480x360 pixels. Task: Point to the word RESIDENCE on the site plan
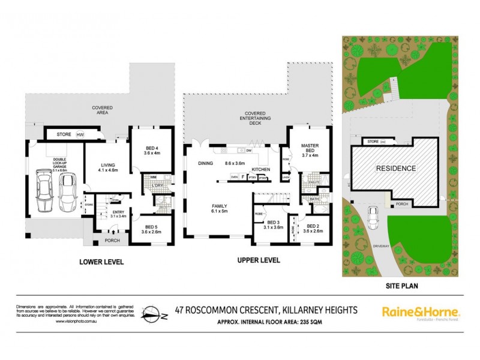click(395, 169)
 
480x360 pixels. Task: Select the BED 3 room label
click(273, 223)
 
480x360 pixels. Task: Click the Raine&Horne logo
click(421, 313)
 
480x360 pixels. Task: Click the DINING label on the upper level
click(207, 163)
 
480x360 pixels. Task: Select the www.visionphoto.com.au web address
click(76, 322)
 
